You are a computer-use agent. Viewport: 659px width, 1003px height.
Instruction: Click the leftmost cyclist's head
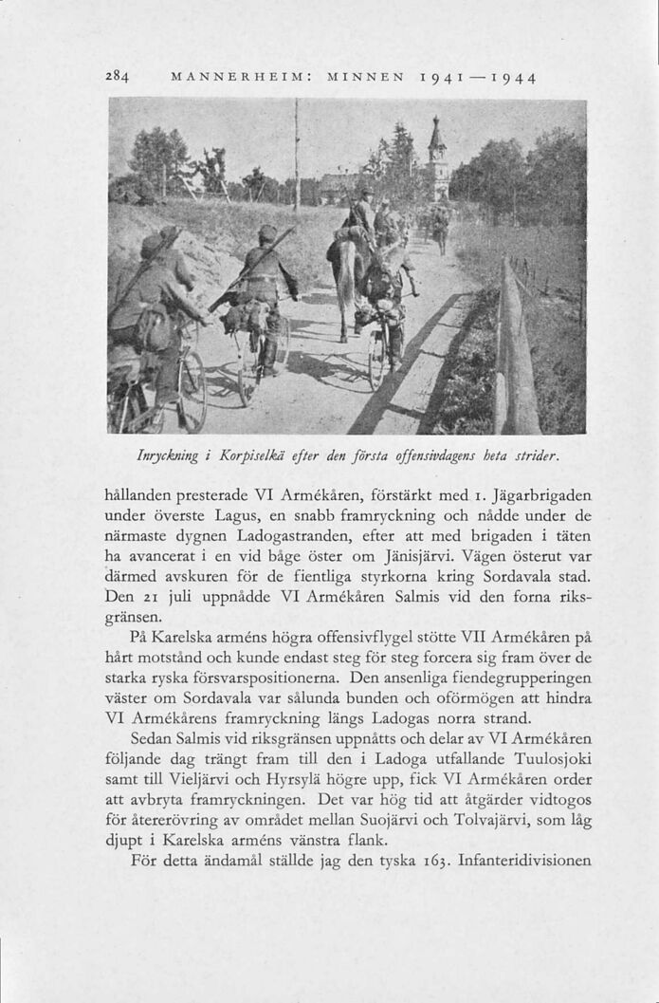[x=152, y=247]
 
